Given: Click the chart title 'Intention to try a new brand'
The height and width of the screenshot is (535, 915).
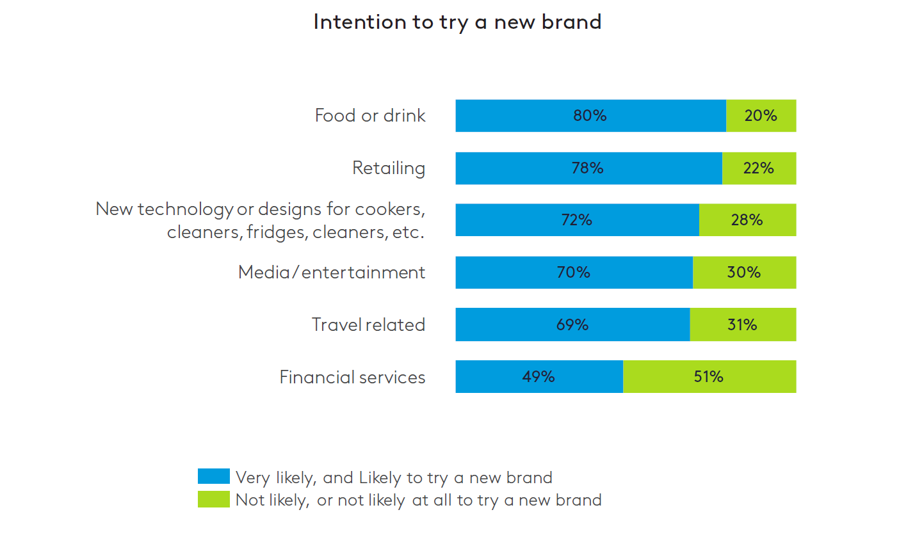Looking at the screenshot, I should [457, 22].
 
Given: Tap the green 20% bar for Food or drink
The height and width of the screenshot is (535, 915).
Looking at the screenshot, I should [761, 116].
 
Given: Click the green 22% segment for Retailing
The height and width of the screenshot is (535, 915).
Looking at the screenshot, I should [759, 168].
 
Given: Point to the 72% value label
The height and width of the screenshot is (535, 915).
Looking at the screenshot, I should [576, 220].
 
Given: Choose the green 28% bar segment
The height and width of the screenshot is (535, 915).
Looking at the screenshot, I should [747, 220].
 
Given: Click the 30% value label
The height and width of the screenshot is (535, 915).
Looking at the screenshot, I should [744, 273].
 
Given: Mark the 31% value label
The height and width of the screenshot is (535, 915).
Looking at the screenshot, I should [742, 324].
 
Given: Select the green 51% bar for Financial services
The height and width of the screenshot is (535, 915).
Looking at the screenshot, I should [709, 377].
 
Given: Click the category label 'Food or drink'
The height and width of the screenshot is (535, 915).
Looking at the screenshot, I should [370, 116].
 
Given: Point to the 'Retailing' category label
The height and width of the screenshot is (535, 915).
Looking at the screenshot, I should [389, 168].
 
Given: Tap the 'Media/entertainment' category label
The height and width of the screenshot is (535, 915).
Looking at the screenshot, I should [332, 273].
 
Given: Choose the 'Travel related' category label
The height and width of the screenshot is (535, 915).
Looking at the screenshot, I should [368, 324].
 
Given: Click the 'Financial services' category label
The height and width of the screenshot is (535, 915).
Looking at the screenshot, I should [352, 377].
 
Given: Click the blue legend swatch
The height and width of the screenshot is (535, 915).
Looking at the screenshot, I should [214, 476].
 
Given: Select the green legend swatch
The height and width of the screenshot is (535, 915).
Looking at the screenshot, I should [214, 499].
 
